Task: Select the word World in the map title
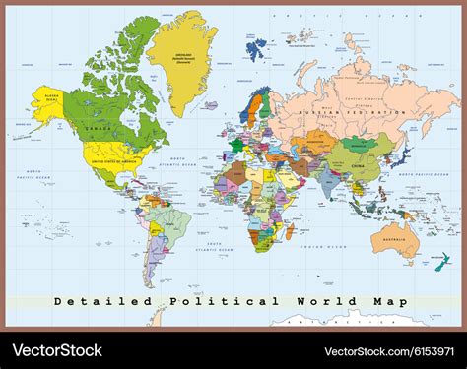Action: pyautogui.click(x=311, y=301)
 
